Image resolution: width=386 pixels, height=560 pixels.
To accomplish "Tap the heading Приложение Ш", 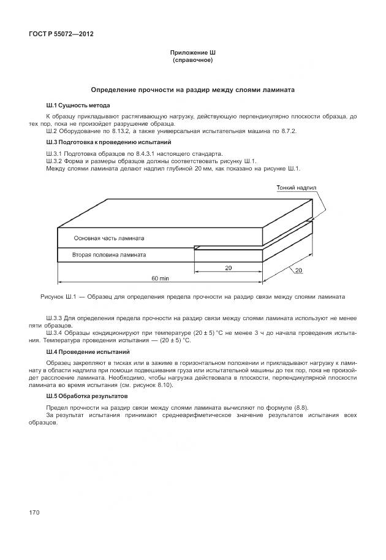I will tap(193, 53).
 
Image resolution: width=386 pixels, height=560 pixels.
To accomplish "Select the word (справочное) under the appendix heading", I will tap(193, 61).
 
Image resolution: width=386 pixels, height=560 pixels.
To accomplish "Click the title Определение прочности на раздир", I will tap(193, 90).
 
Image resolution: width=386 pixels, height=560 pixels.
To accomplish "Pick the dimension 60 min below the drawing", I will tap(161, 278).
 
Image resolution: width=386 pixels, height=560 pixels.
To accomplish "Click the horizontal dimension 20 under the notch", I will tap(227, 267).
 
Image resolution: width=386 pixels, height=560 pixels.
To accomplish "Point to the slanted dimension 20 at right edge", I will tap(298, 270).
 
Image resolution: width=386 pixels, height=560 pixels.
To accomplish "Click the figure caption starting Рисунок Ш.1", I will tap(193, 296).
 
